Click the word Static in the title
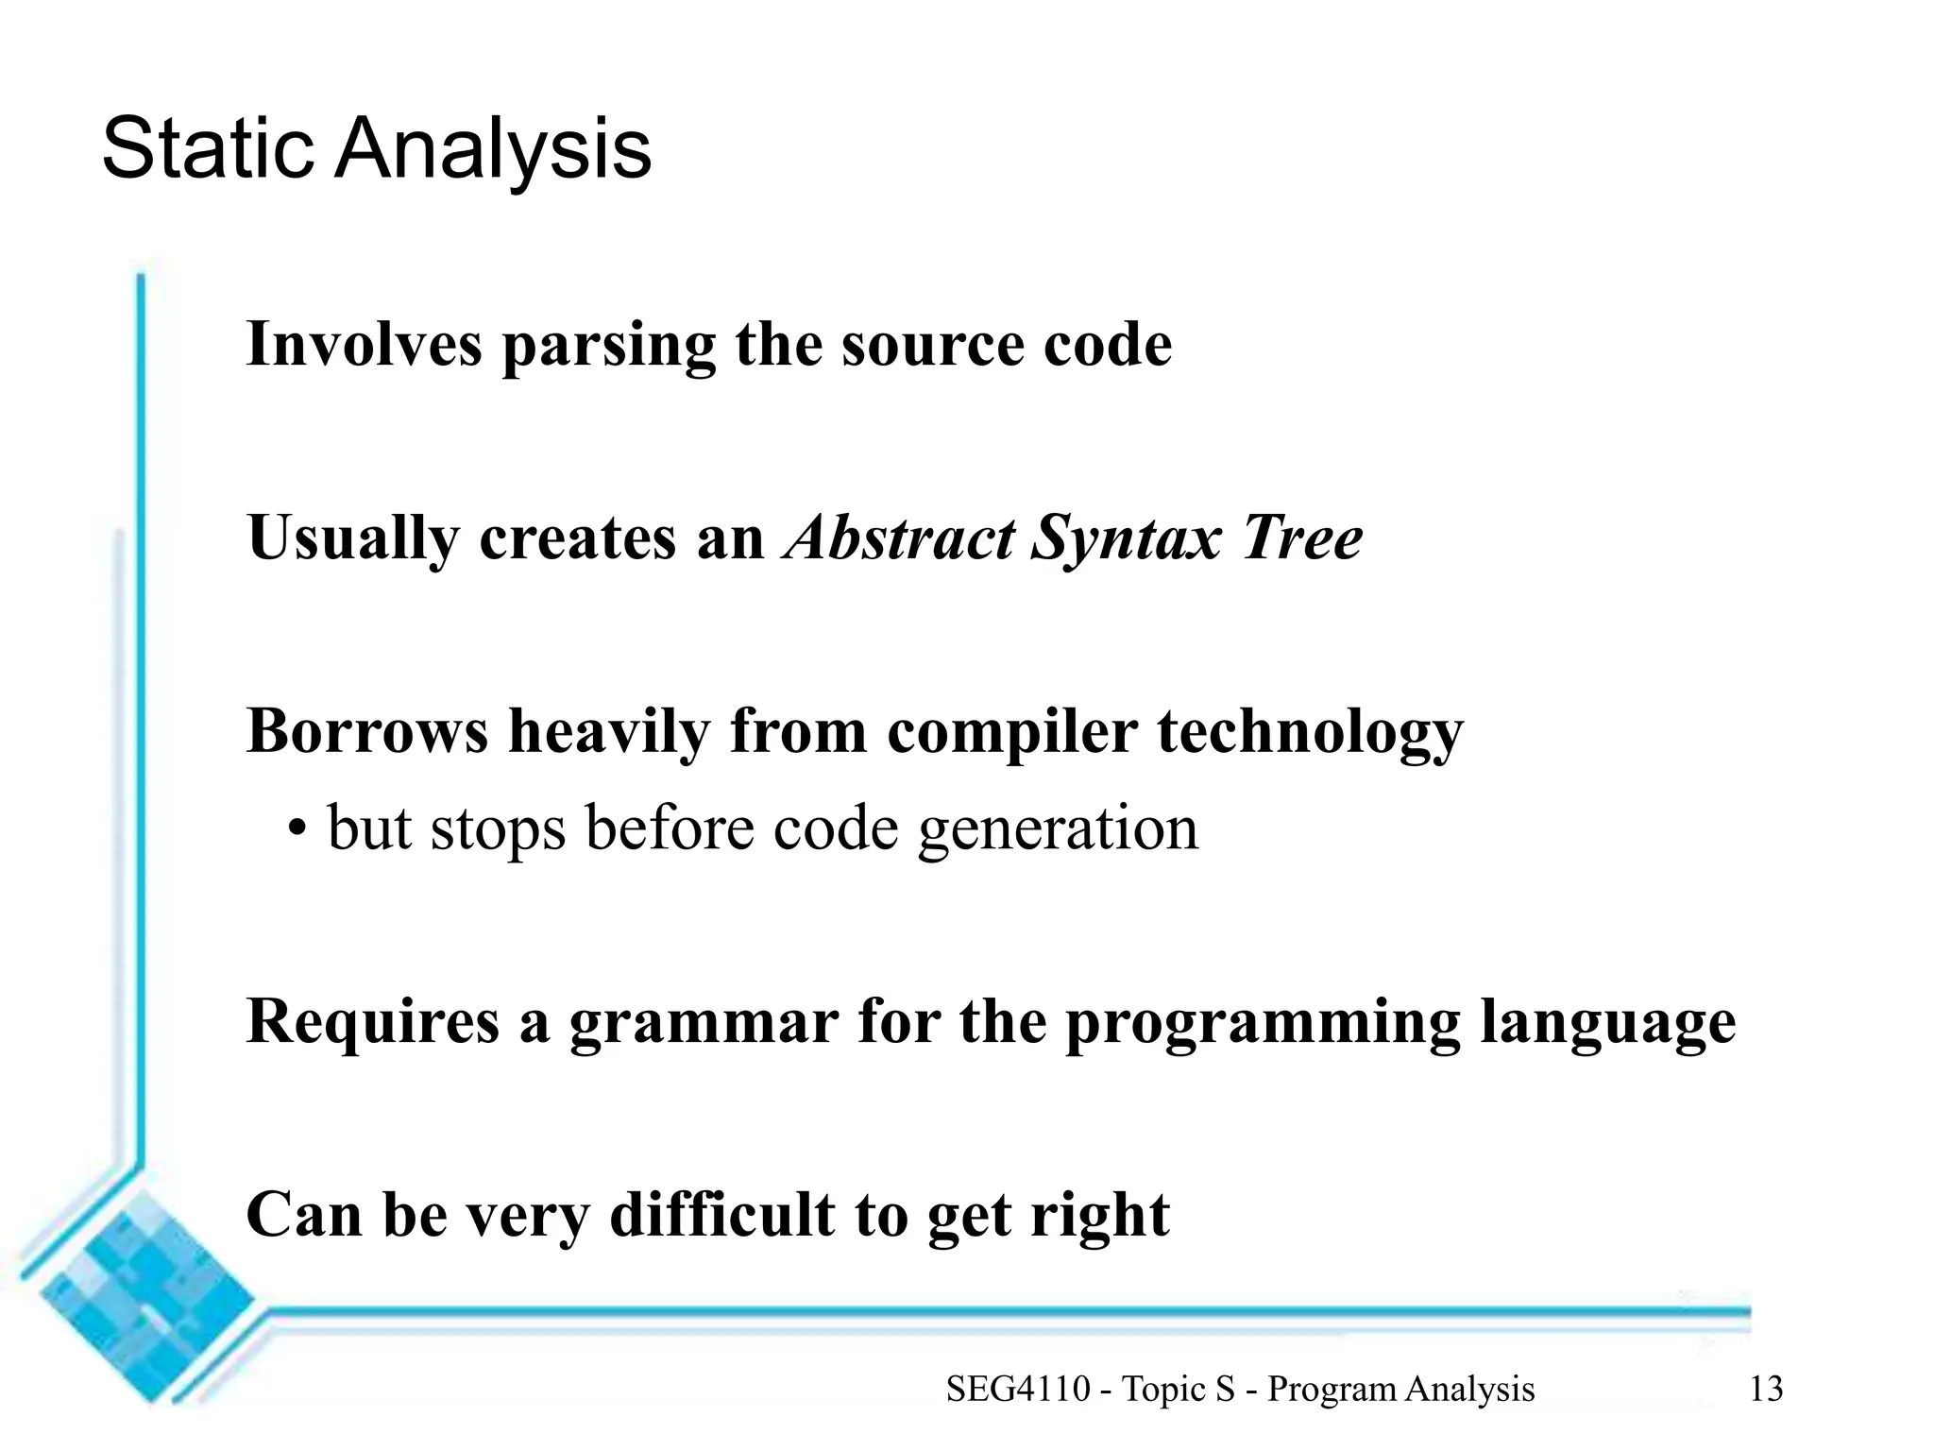pyautogui.click(x=207, y=148)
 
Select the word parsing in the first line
pyautogui.click(x=608, y=346)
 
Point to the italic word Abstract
pyautogui.click(x=898, y=538)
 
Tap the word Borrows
pyautogui.click(x=366, y=731)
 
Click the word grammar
pyautogui.click(x=704, y=1022)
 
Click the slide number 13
pyautogui.click(x=1766, y=1389)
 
